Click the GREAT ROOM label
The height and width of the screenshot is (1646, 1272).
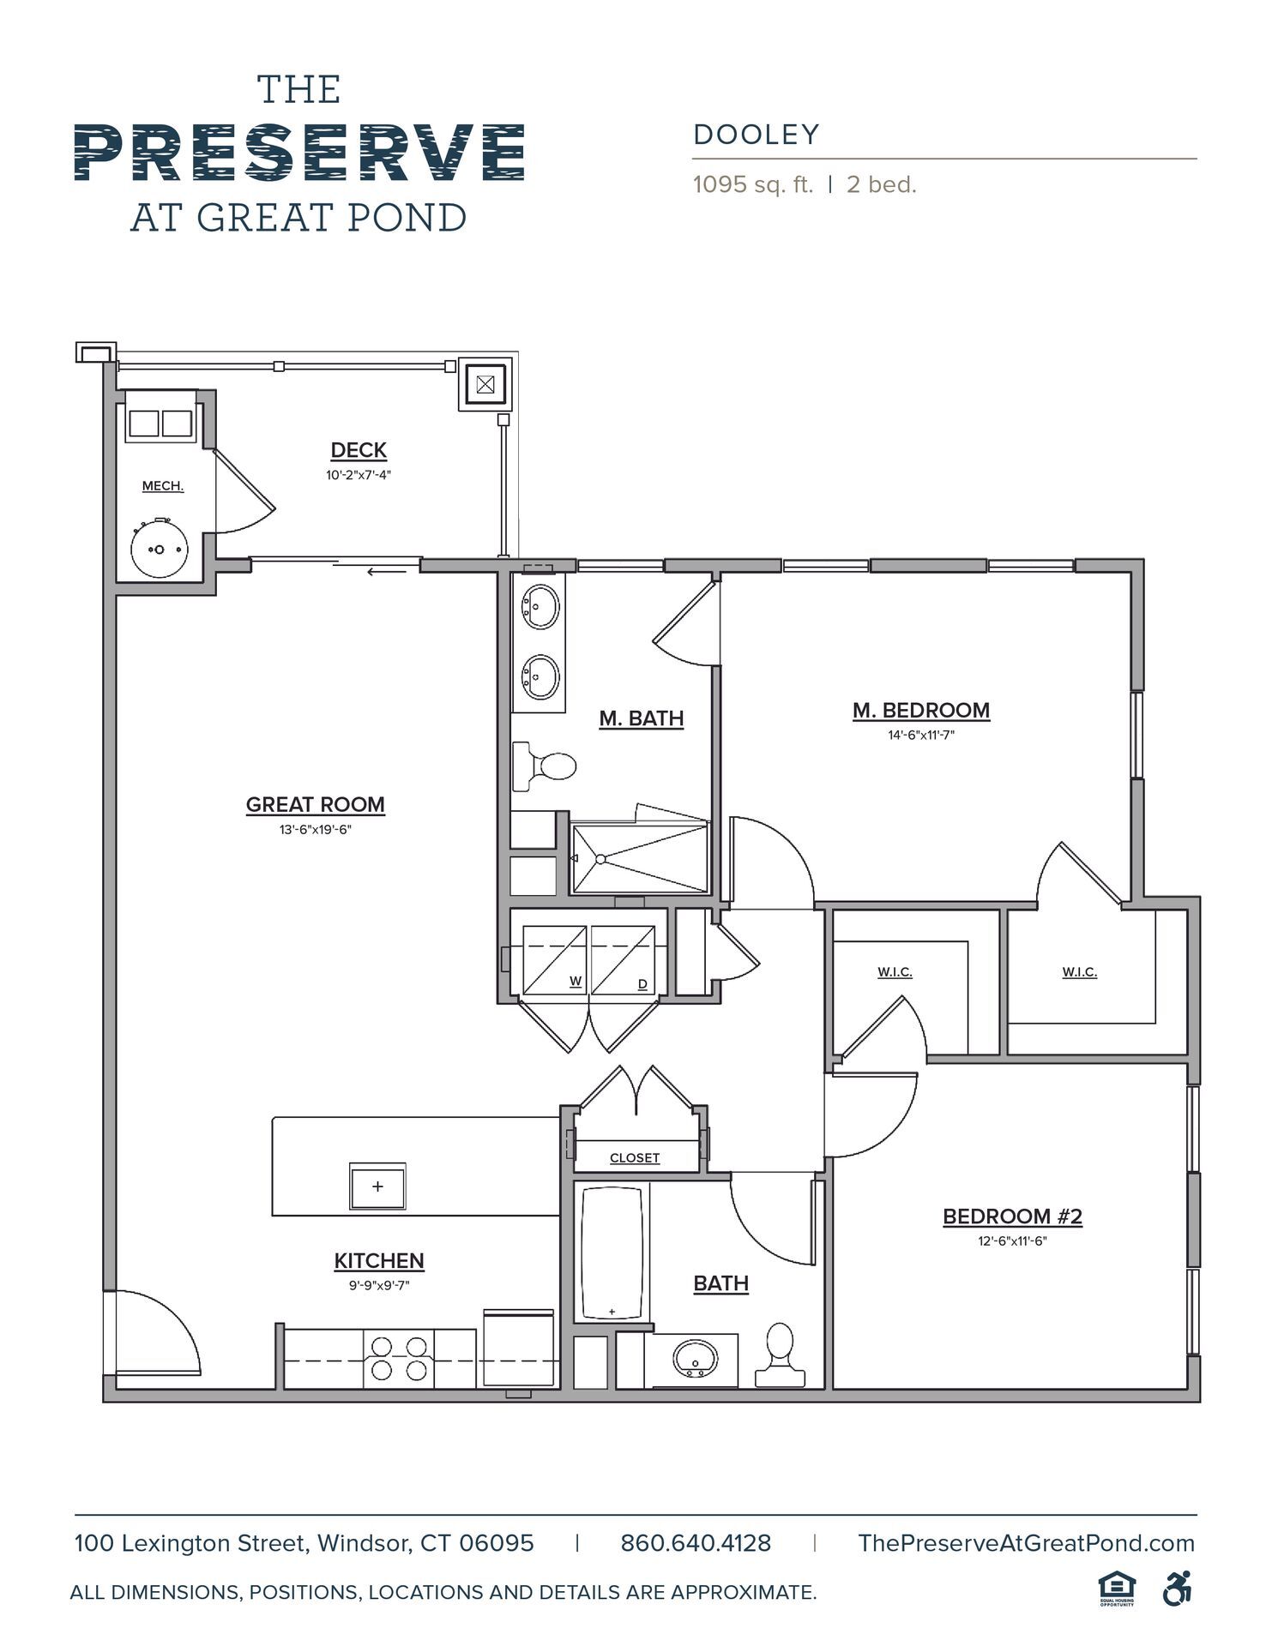point(315,805)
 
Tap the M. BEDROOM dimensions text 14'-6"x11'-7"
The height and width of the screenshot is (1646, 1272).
point(920,735)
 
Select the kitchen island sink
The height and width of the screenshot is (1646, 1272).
point(377,1186)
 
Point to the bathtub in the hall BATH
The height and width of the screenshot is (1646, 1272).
point(612,1253)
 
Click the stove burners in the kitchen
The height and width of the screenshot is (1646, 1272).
point(399,1358)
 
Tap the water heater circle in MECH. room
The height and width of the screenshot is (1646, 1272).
point(159,549)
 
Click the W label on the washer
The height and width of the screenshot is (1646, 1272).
point(576,982)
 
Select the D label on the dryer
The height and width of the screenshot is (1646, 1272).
point(642,984)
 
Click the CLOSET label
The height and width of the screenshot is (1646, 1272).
point(635,1157)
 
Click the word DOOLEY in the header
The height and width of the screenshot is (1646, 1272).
point(757,135)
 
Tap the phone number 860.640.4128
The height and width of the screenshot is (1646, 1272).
point(696,1543)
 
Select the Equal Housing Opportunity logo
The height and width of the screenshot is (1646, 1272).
point(1116,1589)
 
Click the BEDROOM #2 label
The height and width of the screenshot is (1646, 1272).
point(1012,1216)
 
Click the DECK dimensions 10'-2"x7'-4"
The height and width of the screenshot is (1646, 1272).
point(359,475)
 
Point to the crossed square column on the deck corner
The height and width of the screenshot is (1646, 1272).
point(485,384)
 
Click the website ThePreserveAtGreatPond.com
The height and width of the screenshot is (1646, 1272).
point(1026,1543)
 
